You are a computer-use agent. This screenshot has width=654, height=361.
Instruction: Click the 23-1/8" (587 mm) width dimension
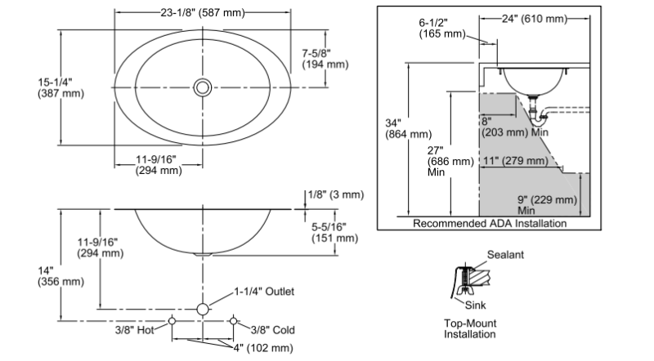[203, 13]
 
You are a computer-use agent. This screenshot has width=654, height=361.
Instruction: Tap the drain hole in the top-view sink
[203, 87]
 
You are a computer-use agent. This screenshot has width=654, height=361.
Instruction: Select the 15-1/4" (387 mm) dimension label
[60, 87]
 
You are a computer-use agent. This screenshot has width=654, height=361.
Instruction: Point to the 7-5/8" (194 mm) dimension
[325, 59]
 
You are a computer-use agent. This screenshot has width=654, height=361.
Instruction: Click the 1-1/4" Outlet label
[264, 292]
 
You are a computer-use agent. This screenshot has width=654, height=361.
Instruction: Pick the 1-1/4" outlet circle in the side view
[203, 310]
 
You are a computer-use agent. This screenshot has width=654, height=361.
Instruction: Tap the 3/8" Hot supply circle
[172, 321]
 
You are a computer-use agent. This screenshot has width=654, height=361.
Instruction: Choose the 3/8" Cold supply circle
[234, 321]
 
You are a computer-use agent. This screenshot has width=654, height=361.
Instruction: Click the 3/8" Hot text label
[134, 330]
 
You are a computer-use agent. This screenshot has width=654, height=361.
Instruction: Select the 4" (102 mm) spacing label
[262, 348]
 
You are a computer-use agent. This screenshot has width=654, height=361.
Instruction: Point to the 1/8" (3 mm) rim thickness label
[336, 194]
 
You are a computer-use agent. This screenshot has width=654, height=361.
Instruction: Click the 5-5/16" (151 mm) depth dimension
[335, 233]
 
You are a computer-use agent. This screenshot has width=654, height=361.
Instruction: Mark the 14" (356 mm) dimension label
[60, 276]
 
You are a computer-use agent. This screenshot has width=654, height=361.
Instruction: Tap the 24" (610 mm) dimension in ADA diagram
[535, 19]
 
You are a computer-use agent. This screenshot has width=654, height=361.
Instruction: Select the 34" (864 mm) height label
[408, 129]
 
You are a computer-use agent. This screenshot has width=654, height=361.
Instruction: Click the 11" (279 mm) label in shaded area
[516, 161]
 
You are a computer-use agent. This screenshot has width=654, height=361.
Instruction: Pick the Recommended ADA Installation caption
[490, 224]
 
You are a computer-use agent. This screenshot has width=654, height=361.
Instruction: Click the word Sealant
[505, 255]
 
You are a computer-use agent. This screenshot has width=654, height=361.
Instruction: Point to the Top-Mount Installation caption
[470, 328]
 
